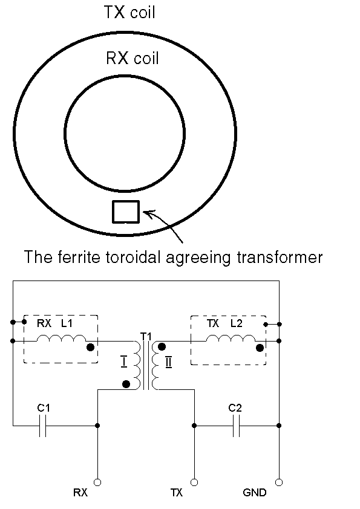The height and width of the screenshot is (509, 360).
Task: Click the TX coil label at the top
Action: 129,12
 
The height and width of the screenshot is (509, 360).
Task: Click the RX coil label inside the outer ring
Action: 133,58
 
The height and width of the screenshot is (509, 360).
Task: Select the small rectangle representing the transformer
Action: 126,212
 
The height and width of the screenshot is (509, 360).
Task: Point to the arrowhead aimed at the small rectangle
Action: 148,214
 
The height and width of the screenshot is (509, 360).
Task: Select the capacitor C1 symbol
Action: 42,425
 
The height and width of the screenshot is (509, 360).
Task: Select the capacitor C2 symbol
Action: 237,425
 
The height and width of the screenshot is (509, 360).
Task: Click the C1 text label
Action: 44,407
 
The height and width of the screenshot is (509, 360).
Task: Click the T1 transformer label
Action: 146,336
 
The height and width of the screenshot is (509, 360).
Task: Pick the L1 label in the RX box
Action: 67,323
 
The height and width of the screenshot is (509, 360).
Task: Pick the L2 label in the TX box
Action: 236,323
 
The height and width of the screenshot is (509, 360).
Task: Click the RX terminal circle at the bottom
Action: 97,483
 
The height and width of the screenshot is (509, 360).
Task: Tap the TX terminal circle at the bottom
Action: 194,483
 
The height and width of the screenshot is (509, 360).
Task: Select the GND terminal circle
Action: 279,483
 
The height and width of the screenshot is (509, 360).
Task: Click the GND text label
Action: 254,493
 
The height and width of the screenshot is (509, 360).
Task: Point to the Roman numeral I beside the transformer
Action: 124,361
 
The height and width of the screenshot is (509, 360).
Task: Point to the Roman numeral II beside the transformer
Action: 168,361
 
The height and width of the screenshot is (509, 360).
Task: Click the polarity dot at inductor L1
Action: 91,348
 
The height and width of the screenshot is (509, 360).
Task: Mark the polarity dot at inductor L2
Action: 260,348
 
